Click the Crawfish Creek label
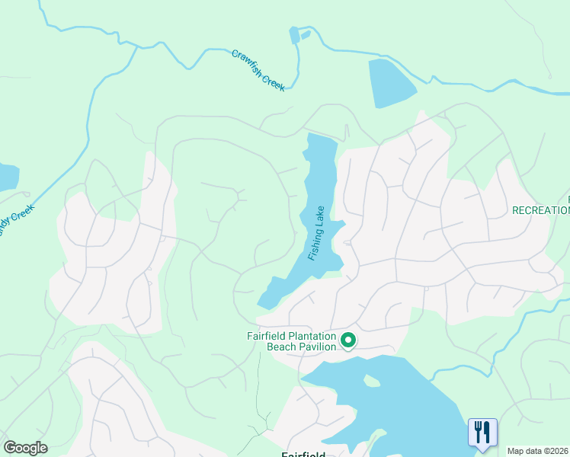pos(258,71)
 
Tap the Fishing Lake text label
pos(317,233)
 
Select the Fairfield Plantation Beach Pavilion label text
pos(292,340)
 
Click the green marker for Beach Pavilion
pos(348,340)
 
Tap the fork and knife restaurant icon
pos(482,432)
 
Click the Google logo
pos(25,448)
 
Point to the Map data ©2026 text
pos(538,451)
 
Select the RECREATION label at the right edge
pos(541,210)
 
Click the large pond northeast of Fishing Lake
pos(390,82)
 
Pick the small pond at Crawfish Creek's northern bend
pos(294,36)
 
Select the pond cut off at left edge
pos(7,177)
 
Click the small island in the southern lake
pos(372,380)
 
